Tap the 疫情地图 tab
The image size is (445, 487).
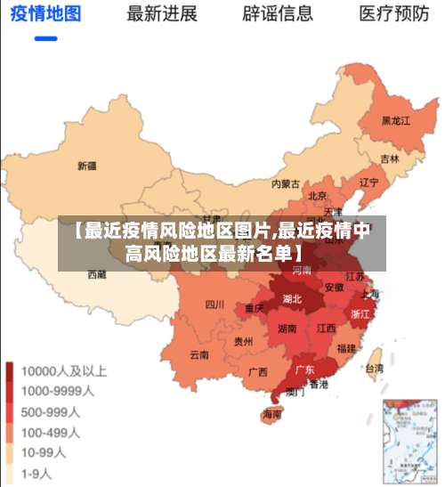tap(44, 14)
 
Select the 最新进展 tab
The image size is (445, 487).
tap(161, 14)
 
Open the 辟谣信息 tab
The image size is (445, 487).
tap(278, 14)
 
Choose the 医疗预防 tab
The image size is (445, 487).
tap(394, 14)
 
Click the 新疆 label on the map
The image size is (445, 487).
tap(87, 166)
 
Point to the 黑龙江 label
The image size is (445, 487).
tap(395, 120)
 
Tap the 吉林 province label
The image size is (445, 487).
tap(390, 159)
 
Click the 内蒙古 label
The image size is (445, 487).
tap(287, 184)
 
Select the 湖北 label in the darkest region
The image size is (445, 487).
tap(292, 299)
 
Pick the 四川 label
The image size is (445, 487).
tap(214, 304)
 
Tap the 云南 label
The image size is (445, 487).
tap(199, 354)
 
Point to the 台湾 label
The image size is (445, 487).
tap(375, 368)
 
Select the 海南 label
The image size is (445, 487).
tap(271, 414)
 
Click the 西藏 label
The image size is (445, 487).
tap(96, 275)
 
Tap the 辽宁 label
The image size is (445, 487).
tap(368, 182)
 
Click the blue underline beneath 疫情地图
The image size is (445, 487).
tap(44, 39)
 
